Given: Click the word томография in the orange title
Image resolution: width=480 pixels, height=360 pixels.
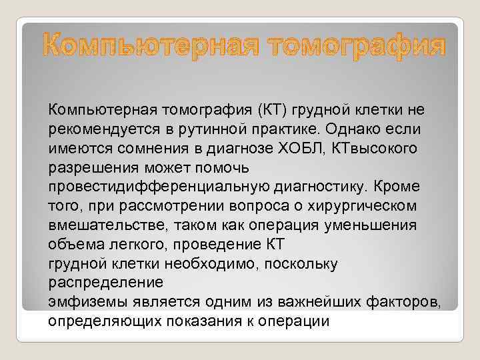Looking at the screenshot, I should click(x=352, y=47).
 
